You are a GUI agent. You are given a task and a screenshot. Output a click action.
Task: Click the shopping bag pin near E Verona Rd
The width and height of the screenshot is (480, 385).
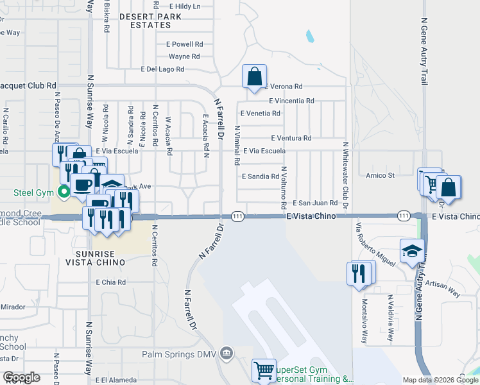(x=255, y=76)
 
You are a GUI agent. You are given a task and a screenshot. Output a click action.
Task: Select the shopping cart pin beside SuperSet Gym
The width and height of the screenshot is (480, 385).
(x=264, y=370)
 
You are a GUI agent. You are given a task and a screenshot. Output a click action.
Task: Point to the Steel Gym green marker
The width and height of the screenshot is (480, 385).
(x=64, y=192)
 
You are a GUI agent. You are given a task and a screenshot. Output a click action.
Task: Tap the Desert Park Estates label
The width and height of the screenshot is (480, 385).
(x=136, y=21)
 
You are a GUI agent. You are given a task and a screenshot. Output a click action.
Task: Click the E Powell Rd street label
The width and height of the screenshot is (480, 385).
(x=185, y=45)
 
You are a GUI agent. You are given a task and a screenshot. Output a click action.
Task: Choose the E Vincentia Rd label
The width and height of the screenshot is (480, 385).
(x=291, y=101)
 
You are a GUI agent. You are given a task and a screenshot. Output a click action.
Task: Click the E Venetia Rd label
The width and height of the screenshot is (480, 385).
(x=260, y=114)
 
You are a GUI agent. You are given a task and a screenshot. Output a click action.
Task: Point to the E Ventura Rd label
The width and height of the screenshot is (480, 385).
(x=291, y=138)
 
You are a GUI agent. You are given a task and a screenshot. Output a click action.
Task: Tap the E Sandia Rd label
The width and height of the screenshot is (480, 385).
(x=260, y=176)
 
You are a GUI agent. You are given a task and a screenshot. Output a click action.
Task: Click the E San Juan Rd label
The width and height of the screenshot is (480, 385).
(x=315, y=203)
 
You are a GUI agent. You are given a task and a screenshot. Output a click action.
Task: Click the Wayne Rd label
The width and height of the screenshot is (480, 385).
(x=184, y=56)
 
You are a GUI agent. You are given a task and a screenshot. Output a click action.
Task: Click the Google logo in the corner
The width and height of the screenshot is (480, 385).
(x=22, y=377)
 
